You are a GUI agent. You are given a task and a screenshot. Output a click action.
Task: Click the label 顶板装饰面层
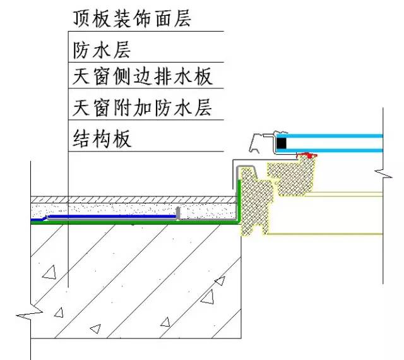click(x=132, y=18)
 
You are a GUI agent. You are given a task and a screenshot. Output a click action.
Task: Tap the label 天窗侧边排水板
click(x=142, y=76)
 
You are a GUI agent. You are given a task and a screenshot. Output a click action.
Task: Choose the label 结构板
click(x=102, y=138)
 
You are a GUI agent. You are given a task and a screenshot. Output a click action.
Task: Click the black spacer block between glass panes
click(x=281, y=143)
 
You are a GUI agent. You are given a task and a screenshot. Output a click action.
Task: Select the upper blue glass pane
click(x=335, y=136)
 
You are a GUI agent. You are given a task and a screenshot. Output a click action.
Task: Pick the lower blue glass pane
click(x=335, y=150)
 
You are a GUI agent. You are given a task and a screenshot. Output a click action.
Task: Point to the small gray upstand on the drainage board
click(x=179, y=213)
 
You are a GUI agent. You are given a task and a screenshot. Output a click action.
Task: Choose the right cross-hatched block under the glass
click(x=292, y=176)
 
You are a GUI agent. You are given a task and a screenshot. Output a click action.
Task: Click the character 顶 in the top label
click(x=81, y=18)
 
